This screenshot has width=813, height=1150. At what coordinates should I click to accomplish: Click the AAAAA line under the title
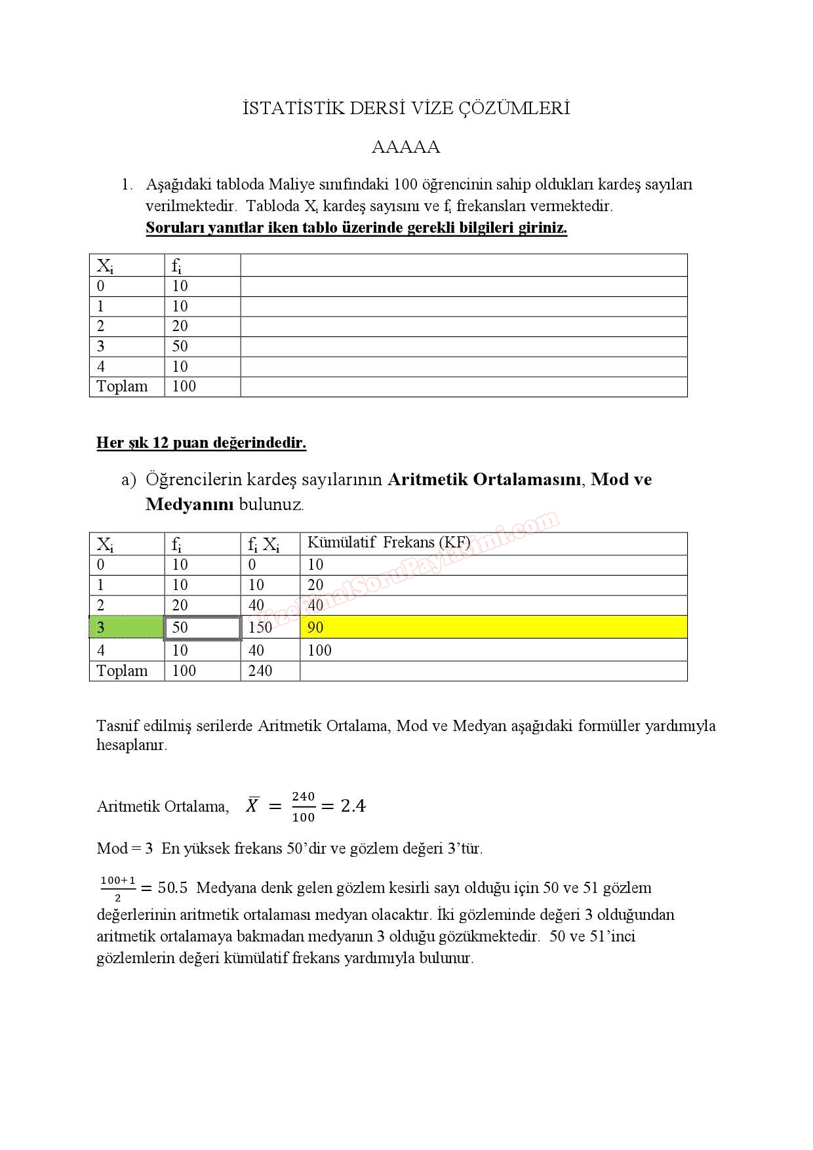[x=406, y=147]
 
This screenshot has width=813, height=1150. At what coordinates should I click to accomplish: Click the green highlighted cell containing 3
[x=127, y=627]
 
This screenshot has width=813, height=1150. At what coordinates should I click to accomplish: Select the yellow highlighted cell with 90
[x=493, y=627]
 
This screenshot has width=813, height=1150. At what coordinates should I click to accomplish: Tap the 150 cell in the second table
[x=260, y=627]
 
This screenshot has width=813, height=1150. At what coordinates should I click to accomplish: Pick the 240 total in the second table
[x=260, y=671]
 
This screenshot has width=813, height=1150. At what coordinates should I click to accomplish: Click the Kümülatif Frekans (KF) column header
[x=389, y=543]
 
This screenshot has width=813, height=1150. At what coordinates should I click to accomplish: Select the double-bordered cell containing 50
[x=202, y=627]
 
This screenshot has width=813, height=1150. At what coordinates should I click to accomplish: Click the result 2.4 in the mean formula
[x=353, y=806]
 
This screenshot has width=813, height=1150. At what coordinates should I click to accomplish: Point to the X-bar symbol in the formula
[x=252, y=804]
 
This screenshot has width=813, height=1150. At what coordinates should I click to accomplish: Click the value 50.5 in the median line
[x=172, y=888]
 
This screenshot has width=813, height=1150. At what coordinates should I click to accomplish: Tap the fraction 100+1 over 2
[x=118, y=888]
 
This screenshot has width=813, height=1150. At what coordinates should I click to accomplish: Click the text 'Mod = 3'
[x=125, y=848]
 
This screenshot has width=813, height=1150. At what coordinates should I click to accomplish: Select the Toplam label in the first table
[x=122, y=387]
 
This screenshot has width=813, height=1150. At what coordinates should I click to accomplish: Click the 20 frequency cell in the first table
[x=180, y=327]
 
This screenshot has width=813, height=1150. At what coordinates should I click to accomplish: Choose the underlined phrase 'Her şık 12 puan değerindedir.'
[x=201, y=443]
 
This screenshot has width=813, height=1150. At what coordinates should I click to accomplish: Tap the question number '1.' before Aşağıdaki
[x=127, y=185]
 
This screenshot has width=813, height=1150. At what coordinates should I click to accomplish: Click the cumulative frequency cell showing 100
[x=319, y=650]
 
